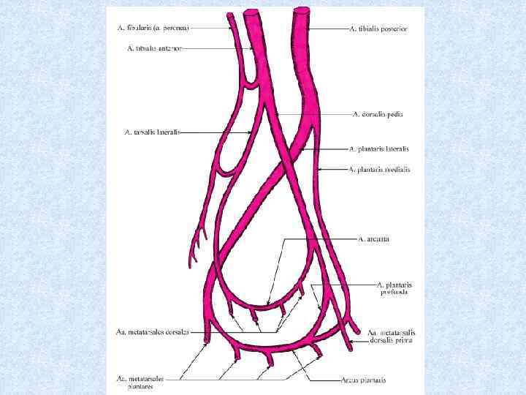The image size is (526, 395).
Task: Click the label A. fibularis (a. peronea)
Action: (153, 28)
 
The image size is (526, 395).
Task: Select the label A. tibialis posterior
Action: (378, 29)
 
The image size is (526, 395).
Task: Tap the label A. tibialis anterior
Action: (154, 48)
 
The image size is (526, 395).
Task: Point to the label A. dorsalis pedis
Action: (378, 113)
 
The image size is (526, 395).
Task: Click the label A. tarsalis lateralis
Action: (152, 132)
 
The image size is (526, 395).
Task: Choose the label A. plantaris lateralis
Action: (378, 148)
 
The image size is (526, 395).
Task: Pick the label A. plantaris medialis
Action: (379, 170)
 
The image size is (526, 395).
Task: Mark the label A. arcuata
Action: (373, 238)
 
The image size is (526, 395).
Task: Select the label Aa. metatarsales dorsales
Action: (152, 331)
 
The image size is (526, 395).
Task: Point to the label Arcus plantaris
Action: (362, 380)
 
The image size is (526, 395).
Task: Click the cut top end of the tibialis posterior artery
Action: (301, 10)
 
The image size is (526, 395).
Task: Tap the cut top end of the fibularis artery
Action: (230, 15)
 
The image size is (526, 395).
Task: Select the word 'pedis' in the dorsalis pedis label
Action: (394, 113)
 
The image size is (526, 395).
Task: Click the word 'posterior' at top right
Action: (392, 29)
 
